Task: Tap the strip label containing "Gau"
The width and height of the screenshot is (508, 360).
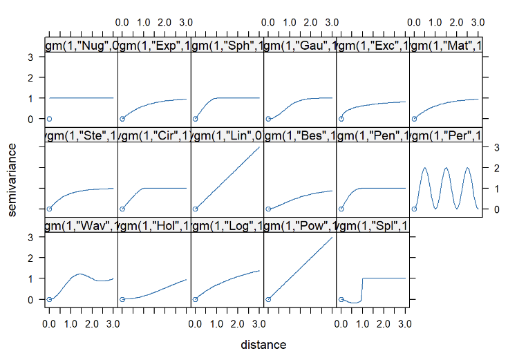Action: (299, 46)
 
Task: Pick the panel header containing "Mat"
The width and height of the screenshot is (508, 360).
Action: (445, 46)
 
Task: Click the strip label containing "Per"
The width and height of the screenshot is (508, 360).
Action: (445, 135)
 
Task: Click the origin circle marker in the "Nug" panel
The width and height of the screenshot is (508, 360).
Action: (49, 119)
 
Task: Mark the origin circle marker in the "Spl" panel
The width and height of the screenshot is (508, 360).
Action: (340, 299)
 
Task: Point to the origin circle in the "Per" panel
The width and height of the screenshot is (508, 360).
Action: (413, 209)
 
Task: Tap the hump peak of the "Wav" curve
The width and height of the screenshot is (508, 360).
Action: (80, 274)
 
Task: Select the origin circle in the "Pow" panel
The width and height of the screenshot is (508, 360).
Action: (267, 299)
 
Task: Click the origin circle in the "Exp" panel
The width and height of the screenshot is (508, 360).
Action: (122, 119)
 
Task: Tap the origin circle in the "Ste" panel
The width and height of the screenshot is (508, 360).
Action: (49, 209)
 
